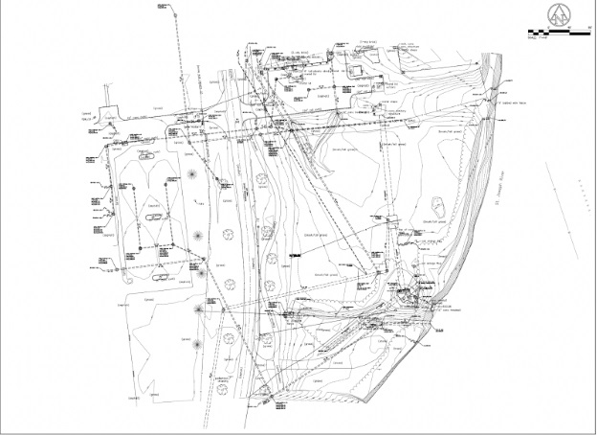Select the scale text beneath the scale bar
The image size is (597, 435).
click(538, 41)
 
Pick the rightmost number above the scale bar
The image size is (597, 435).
click(586, 29)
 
